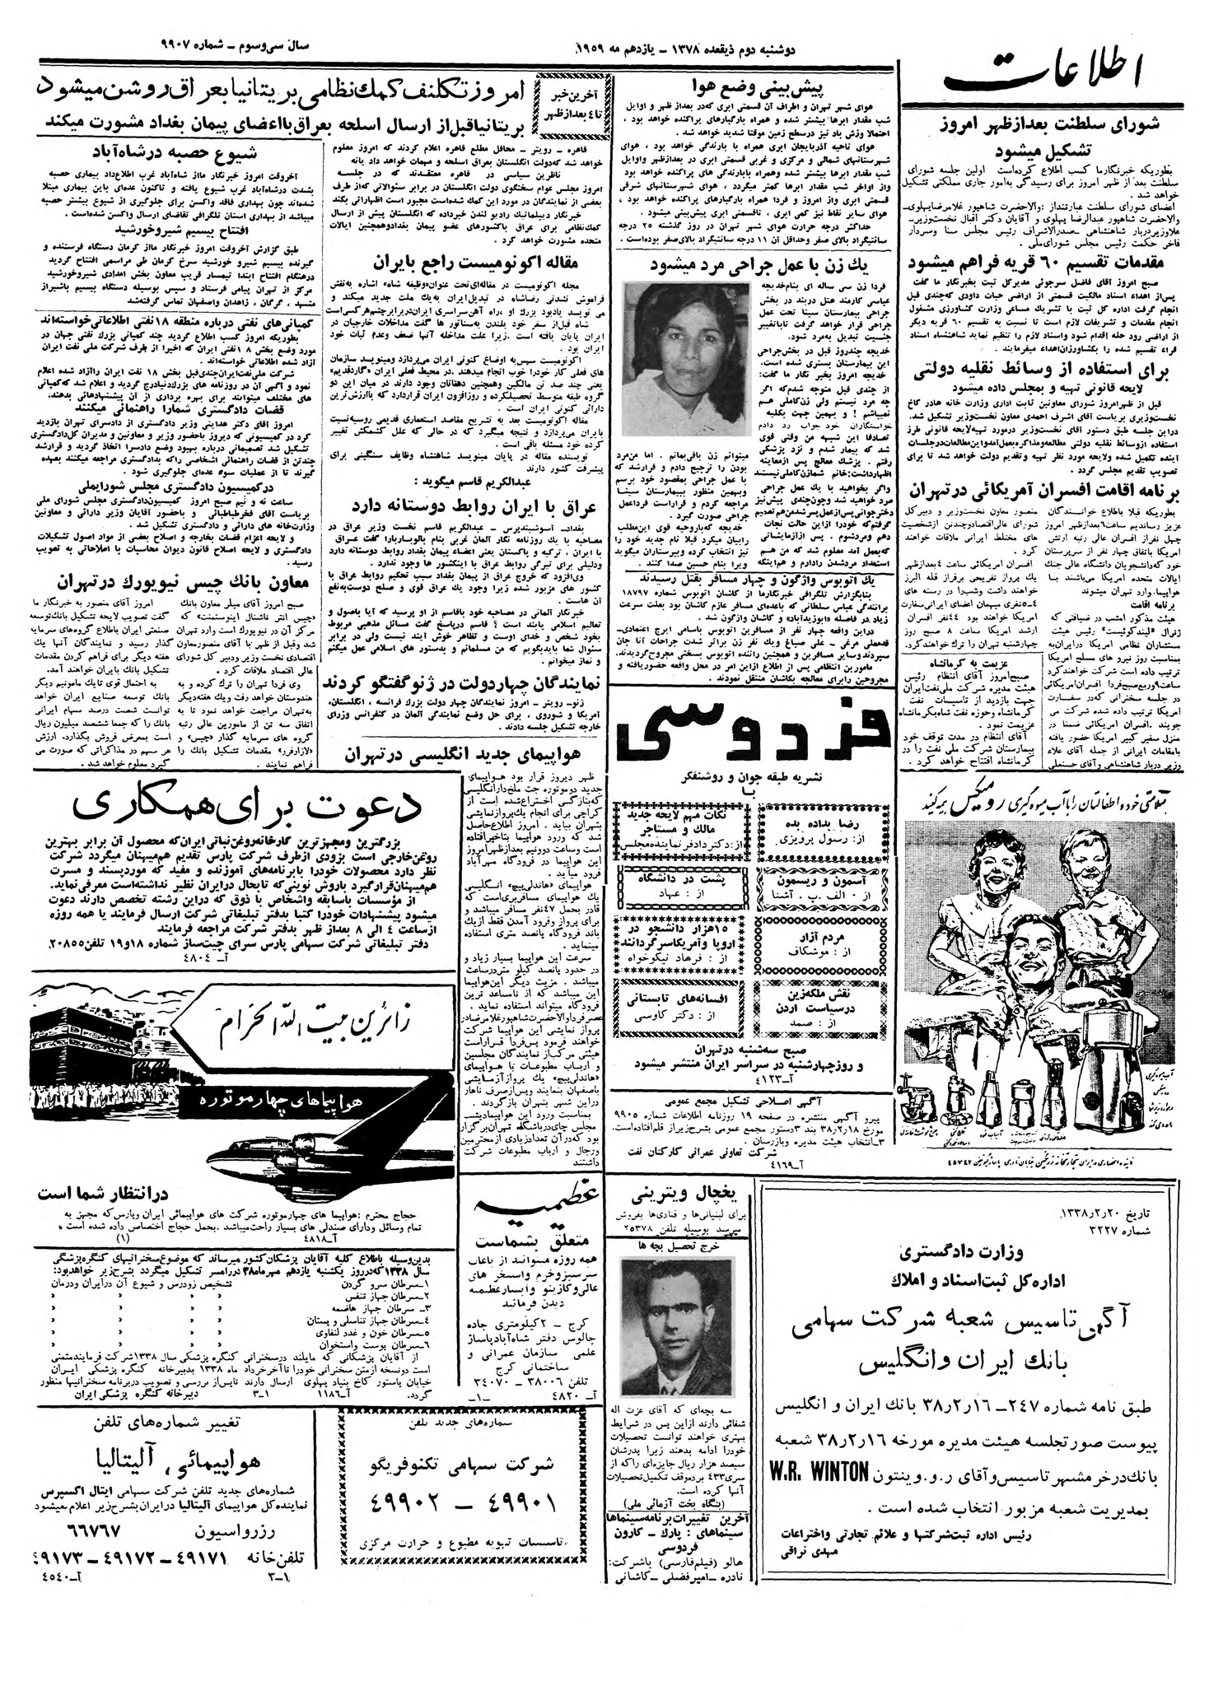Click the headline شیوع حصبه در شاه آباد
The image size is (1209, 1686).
coord(178,154)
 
